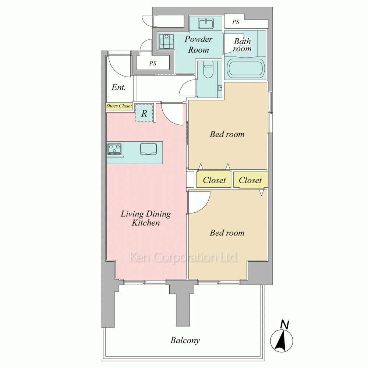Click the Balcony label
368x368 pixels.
click(185, 340)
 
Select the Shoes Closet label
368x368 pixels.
click(119, 106)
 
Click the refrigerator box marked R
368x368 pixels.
click(144, 113)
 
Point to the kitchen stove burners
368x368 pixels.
click(114, 149)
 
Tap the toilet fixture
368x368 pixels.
click(208, 69)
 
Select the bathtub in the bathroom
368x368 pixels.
click(245, 68)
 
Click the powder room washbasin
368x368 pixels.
click(206, 24)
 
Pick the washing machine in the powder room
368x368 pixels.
click(166, 42)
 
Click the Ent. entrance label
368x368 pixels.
click(119, 87)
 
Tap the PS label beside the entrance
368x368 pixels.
click(153, 63)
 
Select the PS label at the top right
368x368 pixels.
click(236, 22)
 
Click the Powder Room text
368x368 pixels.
click(199, 45)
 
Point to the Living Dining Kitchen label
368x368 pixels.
click(146, 218)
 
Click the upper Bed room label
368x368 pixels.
click(227, 134)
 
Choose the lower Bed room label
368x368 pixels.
click(227, 233)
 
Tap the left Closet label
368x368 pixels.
click(214, 180)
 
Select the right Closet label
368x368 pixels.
click(250, 180)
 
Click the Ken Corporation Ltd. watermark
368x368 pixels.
click(184, 257)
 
